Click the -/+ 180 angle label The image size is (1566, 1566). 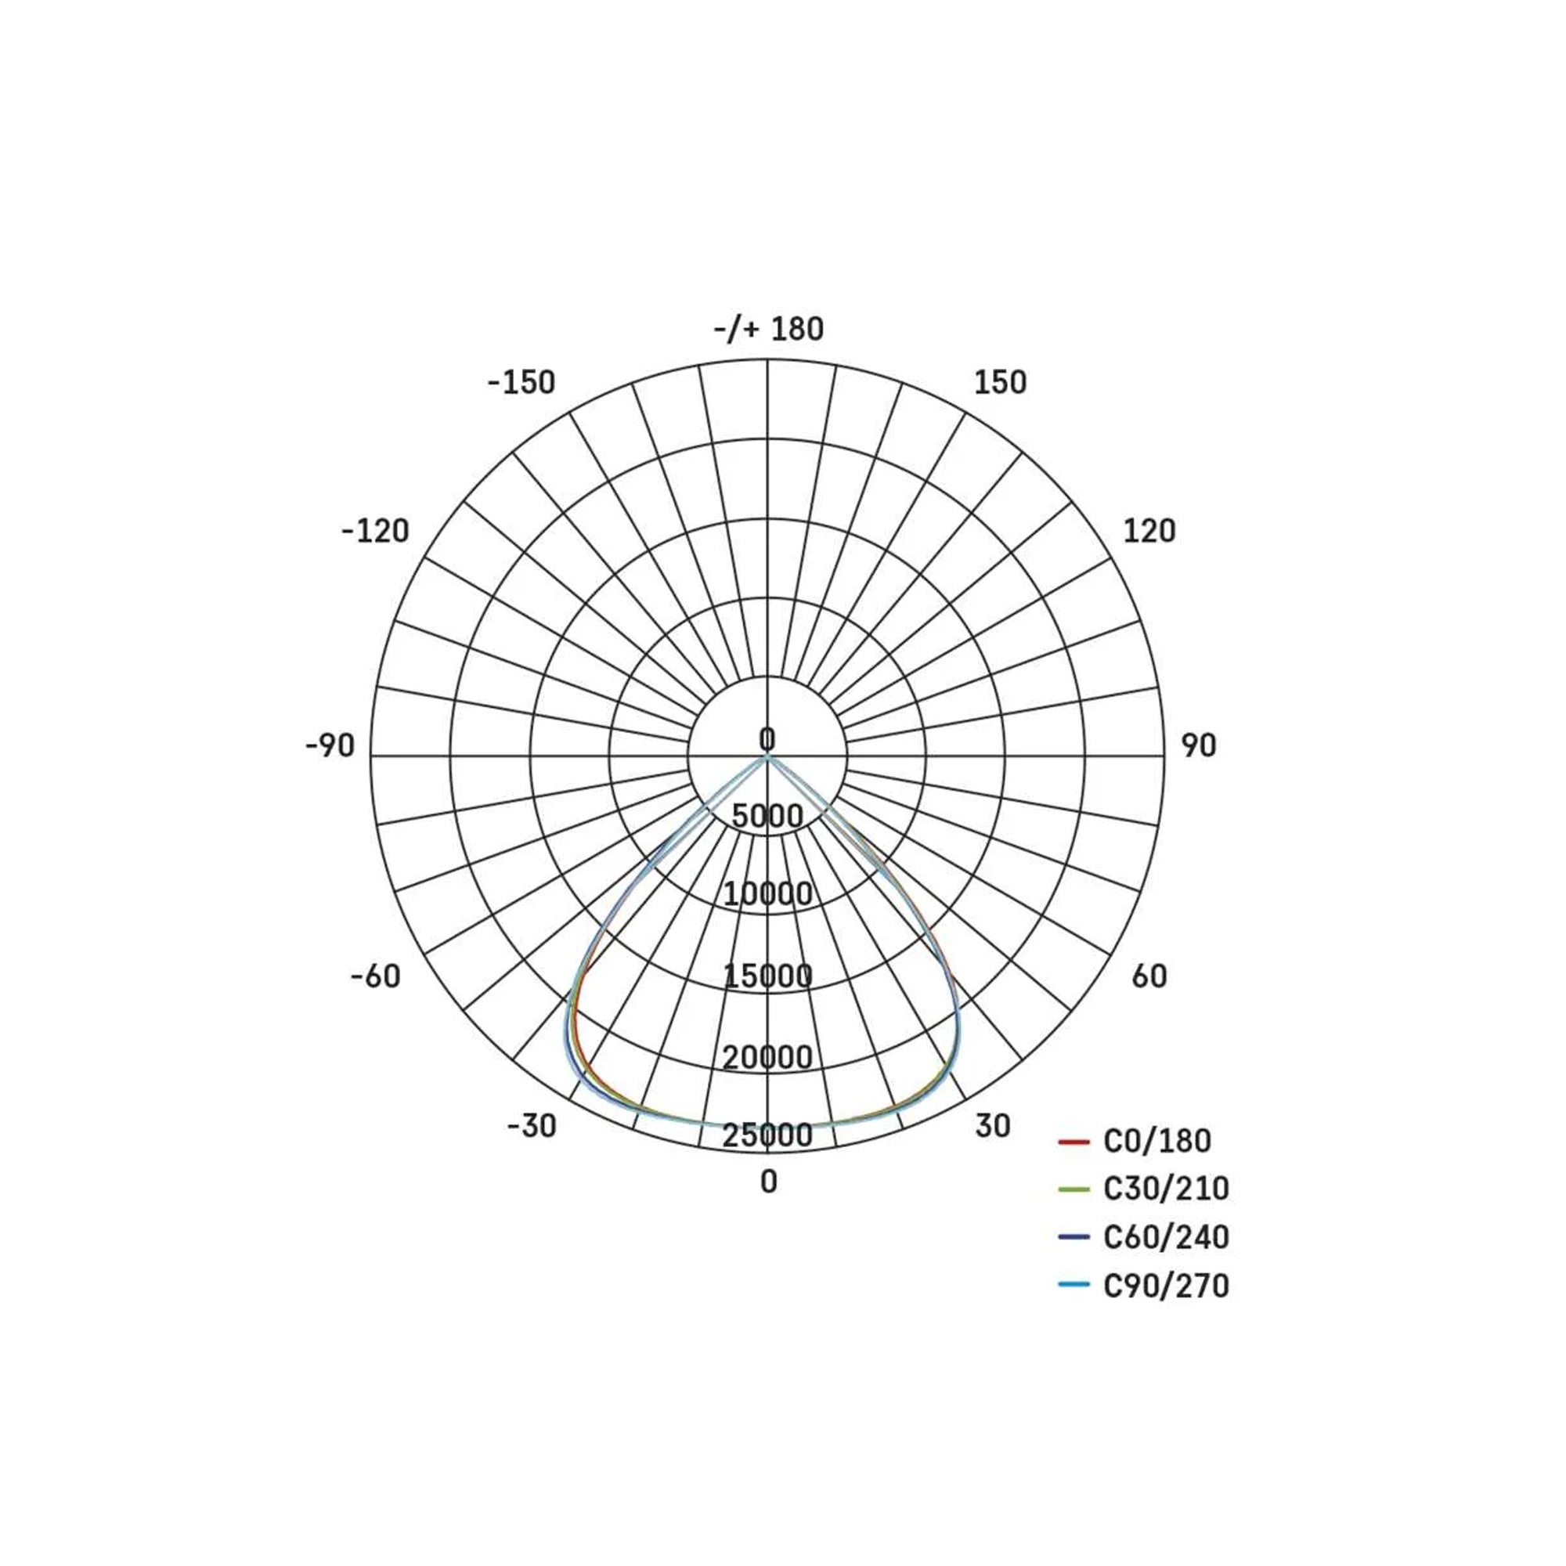pos(768,329)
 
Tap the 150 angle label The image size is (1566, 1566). pos(1000,383)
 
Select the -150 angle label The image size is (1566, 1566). pos(521,383)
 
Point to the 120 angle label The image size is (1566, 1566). pos(1149,531)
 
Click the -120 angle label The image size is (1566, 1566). pos(375,531)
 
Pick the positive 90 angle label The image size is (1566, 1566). pos(1199,745)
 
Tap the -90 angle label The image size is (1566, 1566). pos(330,745)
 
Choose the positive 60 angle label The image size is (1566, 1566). pos(1149,976)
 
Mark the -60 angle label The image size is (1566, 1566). pos(375,976)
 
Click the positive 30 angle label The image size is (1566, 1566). pos(993,1126)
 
